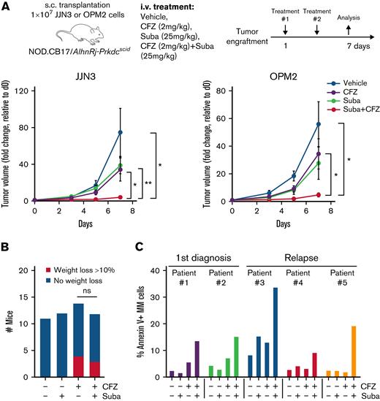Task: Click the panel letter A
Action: [x=6, y=7]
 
